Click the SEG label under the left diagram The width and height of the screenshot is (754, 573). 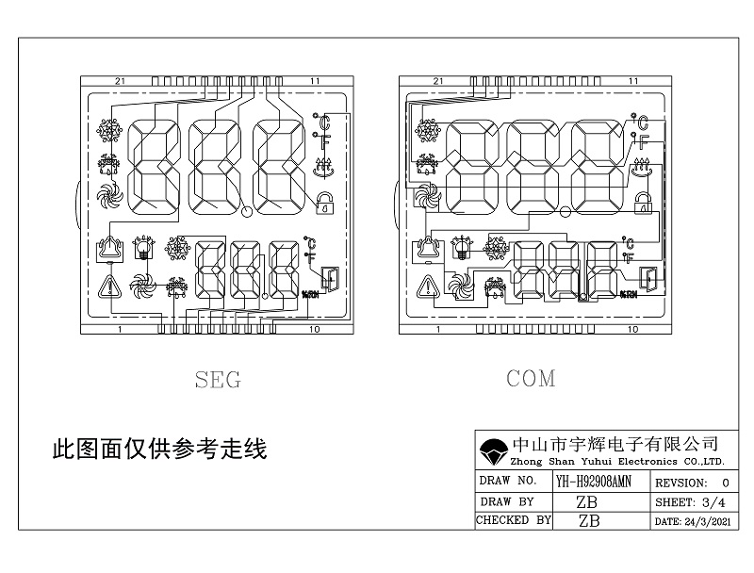[x=217, y=381]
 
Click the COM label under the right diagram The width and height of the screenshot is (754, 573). [x=531, y=379]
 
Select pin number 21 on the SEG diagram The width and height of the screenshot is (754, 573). [x=120, y=82]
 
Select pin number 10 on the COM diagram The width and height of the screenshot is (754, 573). [x=631, y=331]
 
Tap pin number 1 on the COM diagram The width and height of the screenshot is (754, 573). [x=436, y=331]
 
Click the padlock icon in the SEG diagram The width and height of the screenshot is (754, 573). [x=325, y=201]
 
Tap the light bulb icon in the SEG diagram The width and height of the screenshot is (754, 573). [x=143, y=248]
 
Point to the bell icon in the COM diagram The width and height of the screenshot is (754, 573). [x=429, y=250]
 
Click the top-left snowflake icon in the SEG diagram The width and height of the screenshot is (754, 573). [x=109, y=130]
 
